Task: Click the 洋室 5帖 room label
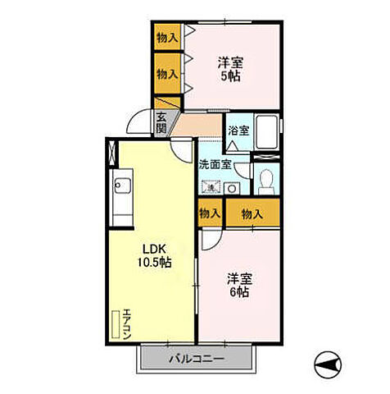click(230, 69)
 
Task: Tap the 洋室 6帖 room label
click(239, 285)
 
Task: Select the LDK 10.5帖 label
click(154, 255)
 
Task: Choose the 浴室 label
click(239, 131)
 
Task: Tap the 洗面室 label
click(215, 164)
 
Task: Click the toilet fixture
click(266, 181)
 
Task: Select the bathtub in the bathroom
click(266, 131)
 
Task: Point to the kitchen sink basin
click(123, 186)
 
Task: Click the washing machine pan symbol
click(211, 187)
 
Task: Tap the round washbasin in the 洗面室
click(232, 188)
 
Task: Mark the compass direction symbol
click(328, 364)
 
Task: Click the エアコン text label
click(127, 324)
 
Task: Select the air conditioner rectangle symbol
click(116, 324)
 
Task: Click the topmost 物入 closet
click(167, 37)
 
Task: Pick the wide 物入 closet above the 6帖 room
click(252, 213)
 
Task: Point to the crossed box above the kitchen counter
click(112, 153)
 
